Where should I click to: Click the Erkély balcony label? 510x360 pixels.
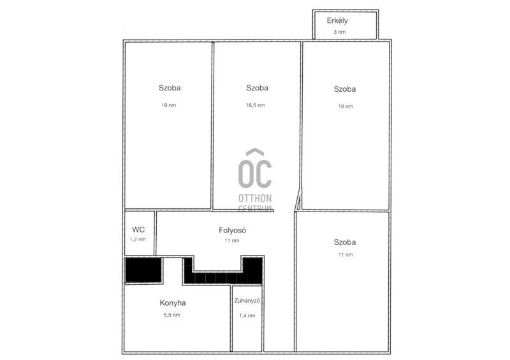pyautogui.click(x=337, y=21)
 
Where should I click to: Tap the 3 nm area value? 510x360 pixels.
pyautogui.click(x=340, y=32)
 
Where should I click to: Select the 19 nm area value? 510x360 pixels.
pyautogui.click(x=169, y=105)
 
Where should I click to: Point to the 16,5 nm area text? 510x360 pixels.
pyautogui.click(x=256, y=105)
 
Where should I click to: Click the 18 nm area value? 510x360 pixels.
pyautogui.click(x=346, y=106)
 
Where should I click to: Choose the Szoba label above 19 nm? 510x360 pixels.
pyautogui.click(x=170, y=88)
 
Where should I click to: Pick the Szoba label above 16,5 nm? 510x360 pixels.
pyautogui.click(x=258, y=88)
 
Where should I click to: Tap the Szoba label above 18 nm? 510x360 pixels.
pyautogui.click(x=345, y=89)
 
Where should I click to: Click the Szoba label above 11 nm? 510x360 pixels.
pyautogui.click(x=345, y=242)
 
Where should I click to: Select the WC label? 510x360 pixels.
pyautogui.click(x=138, y=229)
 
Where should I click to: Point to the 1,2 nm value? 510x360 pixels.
pyautogui.click(x=138, y=240)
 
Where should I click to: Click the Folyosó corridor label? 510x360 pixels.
pyautogui.click(x=232, y=230)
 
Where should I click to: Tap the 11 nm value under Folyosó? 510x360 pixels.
pyautogui.click(x=232, y=241)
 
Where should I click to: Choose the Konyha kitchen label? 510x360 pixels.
pyautogui.click(x=173, y=303)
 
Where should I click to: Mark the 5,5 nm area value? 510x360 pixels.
pyautogui.click(x=172, y=315)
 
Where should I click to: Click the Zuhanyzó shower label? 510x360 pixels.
pyautogui.click(x=247, y=301)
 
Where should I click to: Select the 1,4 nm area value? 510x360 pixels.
pyautogui.click(x=247, y=315)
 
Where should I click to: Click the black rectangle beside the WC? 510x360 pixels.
pyautogui.click(x=143, y=270)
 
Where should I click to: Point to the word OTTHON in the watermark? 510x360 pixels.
pyautogui.click(x=255, y=198)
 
